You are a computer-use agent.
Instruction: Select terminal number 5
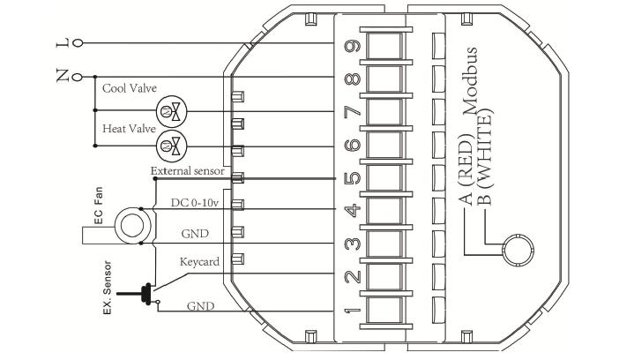pyautogui.click(x=352, y=176)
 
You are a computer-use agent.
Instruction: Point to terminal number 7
pyautogui.click(x=352, y=112)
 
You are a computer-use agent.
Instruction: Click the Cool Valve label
pyautogui.click(x=128, y=88)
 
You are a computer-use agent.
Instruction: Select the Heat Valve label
pyautogui.click(x=129, y=129)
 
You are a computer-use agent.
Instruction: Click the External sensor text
pyautogui.click(x=187, y=169)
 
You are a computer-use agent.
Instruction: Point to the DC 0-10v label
pyautogui.click(x=195, y=202)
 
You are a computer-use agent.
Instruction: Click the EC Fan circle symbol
pyautogui.click(x=131, y=225)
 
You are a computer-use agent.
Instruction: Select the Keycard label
pyautogui.click(x=198, y=262)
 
